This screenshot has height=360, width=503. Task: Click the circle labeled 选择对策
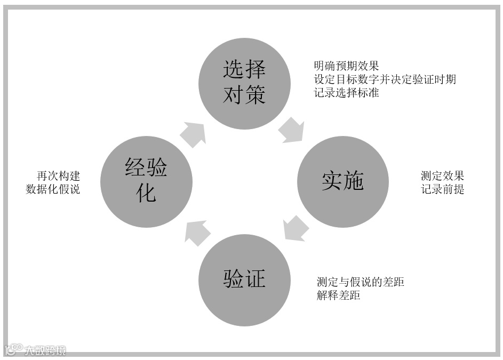(244, 83)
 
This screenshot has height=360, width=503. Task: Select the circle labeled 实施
(342, 182)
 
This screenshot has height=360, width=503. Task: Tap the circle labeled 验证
(244, 280)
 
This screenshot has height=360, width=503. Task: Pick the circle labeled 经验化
(146, 182)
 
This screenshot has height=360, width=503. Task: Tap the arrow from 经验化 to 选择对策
(193, 134)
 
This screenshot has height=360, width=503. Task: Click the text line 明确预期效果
(346, 66)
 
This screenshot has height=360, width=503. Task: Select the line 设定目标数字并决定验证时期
(385, 79)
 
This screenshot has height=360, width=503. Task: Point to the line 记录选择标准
(346, 92)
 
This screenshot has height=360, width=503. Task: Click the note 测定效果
(442, 176)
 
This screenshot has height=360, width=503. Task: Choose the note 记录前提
(442, 189)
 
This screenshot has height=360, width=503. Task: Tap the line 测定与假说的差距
(360, 282)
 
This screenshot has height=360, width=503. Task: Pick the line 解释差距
(338, 295)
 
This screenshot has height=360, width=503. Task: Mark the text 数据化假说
(53, 189)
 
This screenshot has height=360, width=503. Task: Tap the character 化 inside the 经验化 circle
(146, 193)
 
